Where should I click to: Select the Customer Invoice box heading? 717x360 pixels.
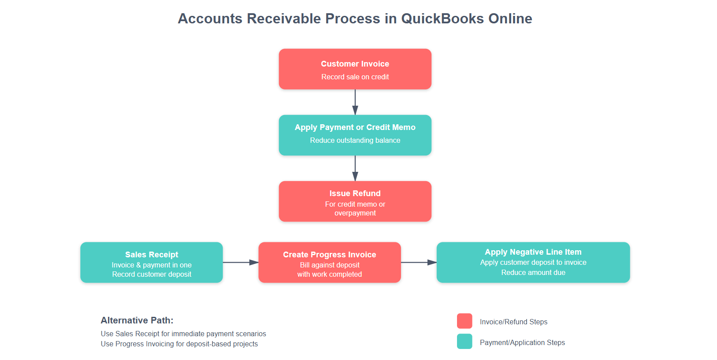pyautogui.click(x=355, y=64)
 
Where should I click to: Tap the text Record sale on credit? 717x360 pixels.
pyautogui.click(x=355, y=77)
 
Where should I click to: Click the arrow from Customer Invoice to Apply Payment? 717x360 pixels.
pyautogui.click(x=355, y=102)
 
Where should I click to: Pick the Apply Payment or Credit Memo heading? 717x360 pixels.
pyautogui.click(x=355, y=127)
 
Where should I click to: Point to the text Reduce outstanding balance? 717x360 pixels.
pyautogui.click(x=355, y=140)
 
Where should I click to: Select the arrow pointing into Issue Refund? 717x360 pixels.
pyautogui.click(x=355, y=168)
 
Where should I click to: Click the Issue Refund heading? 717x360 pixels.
pyautogui.click(x=355, y=193)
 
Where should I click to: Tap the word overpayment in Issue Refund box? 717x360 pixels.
pyautogui.click(x=355, y=213)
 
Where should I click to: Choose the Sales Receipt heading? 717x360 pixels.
pyautogui.click(x=152, y=255)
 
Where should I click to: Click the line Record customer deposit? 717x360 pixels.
pyautogui.click(x=152, y=274)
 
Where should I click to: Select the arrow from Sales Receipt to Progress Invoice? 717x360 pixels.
pyautogui.click(x=240, y=262)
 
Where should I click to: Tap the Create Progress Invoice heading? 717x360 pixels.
pyautogui.click(x=329, y=255)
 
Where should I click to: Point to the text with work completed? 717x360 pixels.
pyautogui.click(x=329, y=274)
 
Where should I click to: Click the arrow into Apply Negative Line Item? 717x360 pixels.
pyautogui.click(x=419, y=262)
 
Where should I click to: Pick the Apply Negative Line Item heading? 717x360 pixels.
pyautogui.click(x=533, y=252)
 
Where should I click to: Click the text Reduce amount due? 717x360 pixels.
pyautogui.click(x=533, y=272)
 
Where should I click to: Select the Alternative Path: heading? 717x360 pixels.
pyautogui.click(x=137, y=320)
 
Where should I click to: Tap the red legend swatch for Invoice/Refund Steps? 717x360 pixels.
pyautogui.click(x=464, y=321)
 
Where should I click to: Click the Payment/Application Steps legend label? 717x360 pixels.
pyautogui.click(x=522, y=342)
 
